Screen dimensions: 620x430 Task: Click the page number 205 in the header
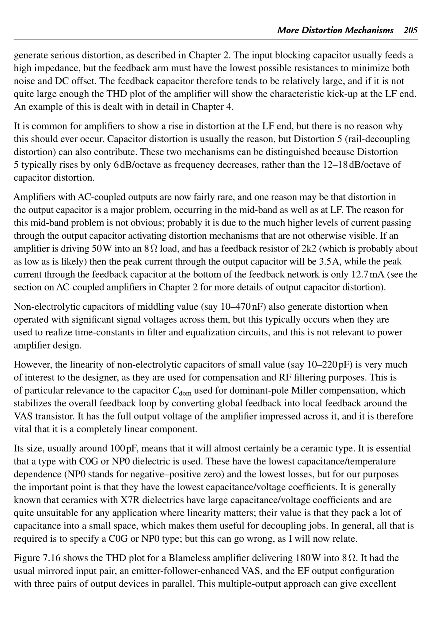[x=411, y=30]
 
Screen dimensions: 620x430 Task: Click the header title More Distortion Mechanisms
[x=335, y=30]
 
